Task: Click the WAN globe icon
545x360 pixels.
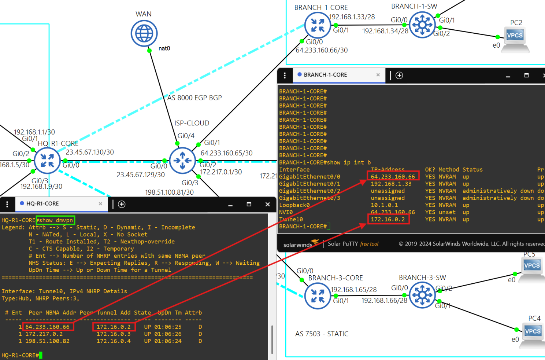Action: (x=144, y=33)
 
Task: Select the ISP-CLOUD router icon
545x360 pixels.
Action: (x=182, y=160)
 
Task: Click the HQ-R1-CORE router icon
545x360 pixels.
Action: (x=47, y=161)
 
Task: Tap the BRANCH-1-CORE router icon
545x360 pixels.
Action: (x=318, y=25)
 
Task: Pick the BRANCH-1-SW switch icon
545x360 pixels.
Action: (x=422, y=25)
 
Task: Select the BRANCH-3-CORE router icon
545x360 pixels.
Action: (x=318, y=296)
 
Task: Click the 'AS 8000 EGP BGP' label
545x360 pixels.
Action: (x=194, y=98)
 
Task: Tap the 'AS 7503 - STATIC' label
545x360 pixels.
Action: (x=322, y=334)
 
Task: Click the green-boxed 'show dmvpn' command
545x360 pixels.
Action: (x=56, y=220)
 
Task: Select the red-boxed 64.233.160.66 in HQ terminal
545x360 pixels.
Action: (x=48, y=327)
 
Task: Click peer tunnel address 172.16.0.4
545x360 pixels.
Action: (x=114, y=341)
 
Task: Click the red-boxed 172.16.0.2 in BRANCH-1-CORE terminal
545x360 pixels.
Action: (x=388, y=219)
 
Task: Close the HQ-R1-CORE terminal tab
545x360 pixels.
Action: (x=100, y=204)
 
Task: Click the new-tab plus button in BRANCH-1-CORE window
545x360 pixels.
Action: (x=399, y=75)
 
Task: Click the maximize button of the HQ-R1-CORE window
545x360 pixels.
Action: (x=249, y=204)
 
